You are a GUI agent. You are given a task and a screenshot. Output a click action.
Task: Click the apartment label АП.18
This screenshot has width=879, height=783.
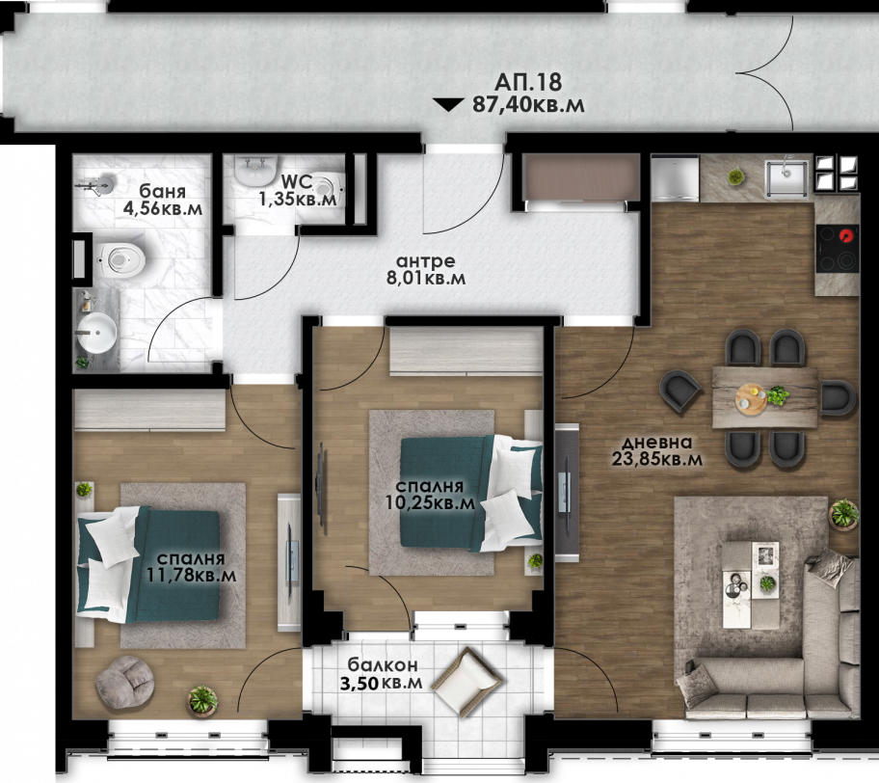(x=527, y=83)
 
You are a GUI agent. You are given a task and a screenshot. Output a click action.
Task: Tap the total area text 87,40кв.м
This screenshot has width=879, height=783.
(x=528, y=105)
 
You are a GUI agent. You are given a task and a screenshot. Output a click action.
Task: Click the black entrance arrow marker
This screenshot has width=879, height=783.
(x=448, y=105)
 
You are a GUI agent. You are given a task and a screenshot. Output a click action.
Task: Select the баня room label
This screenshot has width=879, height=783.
(x=163, y=191)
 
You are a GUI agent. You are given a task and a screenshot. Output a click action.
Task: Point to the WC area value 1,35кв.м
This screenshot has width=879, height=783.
(x=298, y=198)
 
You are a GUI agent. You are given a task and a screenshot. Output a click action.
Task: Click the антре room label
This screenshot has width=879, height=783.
(x=425, y=261)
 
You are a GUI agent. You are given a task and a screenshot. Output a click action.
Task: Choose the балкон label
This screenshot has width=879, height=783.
(x=383, y=665)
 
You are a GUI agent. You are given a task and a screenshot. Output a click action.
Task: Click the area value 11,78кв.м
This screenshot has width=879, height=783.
(x=191, y=575)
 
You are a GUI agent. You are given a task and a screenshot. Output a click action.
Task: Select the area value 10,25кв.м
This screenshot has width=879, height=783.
(x=430, y=502)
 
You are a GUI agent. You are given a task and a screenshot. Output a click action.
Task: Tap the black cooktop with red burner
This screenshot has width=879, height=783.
(x=837, y=248)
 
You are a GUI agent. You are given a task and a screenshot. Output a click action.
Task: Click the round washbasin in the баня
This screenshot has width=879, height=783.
(x=96, y=332)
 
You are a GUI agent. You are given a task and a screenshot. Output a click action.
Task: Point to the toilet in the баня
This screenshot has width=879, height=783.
(x=120, y=259)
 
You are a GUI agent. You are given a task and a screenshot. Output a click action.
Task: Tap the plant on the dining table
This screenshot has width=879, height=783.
(x=778, y=395)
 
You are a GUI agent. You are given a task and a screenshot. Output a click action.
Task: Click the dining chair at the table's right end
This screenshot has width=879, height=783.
(x=839, y=397)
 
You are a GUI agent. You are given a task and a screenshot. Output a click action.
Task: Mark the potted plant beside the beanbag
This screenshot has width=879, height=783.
(x=202, y=700)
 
